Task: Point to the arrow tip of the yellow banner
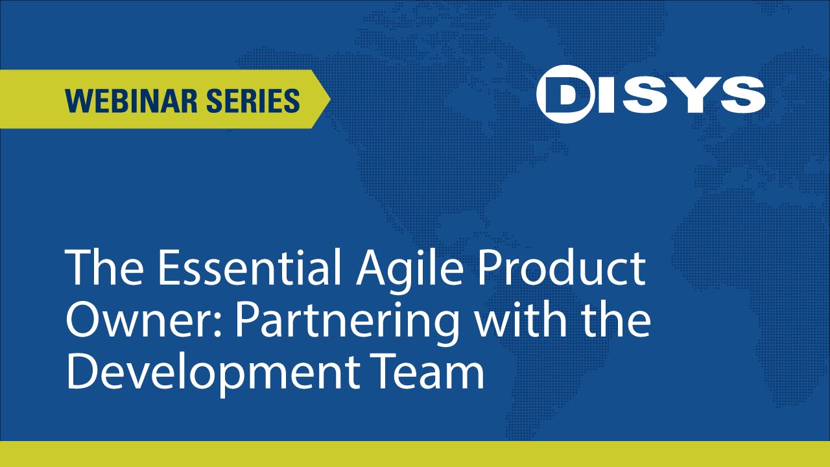click(327, 99)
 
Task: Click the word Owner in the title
click(140, 321)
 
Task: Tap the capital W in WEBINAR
click(79, 101)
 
